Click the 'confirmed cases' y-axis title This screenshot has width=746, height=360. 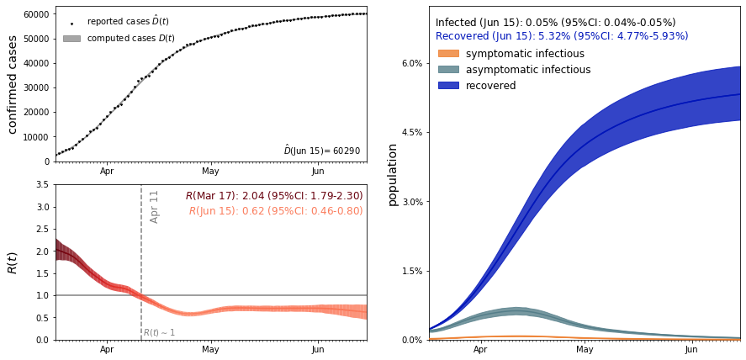tap(13, 84)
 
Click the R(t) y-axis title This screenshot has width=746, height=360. tap(13, 262)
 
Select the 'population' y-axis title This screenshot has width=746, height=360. tap(393, 174)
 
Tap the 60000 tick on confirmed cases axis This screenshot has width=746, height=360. tap(34, 14)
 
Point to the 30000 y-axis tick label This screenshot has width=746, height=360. tap(34, 87)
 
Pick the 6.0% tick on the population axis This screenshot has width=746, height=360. tap(410, 63)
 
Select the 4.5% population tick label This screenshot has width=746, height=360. tap(410, 133)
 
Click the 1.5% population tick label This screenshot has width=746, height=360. tap(410, 271)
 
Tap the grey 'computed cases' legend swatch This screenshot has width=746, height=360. tap(71, 39)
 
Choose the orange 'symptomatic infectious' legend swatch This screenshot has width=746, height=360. tap(448, 54)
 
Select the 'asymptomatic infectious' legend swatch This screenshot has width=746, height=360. tap(448, 70)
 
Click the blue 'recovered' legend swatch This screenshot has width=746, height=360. tap(448, 86)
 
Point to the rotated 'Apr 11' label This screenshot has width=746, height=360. tap(154, 206)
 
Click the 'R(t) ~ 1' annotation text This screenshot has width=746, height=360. tap(159, 333)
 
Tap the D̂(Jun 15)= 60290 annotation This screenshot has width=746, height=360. tap(321, 151)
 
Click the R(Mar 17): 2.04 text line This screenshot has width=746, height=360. tap(274, 196)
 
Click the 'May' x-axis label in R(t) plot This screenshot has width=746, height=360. tap(210, 349)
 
